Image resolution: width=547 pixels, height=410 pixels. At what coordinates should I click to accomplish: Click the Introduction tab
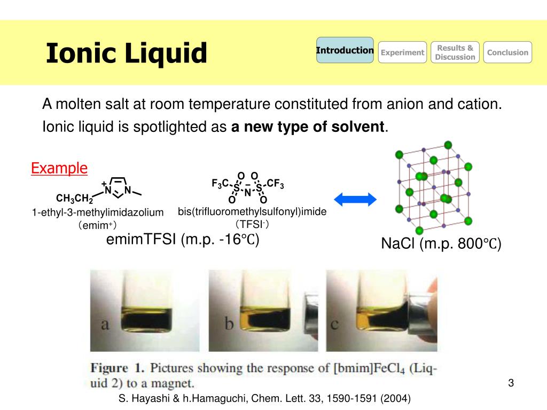pos(345,51)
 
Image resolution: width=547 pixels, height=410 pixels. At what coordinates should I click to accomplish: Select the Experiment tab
pos(402,52)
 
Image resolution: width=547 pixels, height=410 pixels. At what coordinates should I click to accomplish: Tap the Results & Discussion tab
pos(455,52)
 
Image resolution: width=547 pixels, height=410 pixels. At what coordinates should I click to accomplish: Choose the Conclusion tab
pos(507,52)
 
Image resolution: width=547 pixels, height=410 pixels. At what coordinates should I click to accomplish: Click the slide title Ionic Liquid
pos(126,53)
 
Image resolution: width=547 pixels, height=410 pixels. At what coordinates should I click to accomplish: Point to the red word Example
pos(59,168)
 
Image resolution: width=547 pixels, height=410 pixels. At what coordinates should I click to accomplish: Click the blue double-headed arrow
pos(355,200)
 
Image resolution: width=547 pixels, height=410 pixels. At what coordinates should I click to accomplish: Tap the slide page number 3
pos(511,383)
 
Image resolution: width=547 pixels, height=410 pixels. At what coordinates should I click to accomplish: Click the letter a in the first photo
pos(105,324)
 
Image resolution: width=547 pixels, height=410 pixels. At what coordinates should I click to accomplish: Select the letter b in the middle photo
pos(229,324)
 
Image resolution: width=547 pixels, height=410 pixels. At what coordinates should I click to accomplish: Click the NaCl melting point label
pos(441,245)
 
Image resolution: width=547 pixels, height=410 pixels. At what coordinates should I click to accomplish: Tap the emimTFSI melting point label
pos(183,240)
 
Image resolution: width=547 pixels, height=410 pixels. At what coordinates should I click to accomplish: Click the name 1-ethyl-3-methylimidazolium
pos(97,212)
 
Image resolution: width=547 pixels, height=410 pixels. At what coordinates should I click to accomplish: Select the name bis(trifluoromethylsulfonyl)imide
pos(252,212)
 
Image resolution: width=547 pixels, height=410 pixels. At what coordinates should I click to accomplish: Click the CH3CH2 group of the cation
pos(74,200)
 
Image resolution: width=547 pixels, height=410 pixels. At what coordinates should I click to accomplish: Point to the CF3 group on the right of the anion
pos(275,185)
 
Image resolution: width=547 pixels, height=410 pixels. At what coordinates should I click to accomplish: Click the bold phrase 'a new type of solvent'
pos(307,127)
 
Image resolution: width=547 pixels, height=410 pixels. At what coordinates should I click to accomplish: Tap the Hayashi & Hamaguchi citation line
pos(264,398)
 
